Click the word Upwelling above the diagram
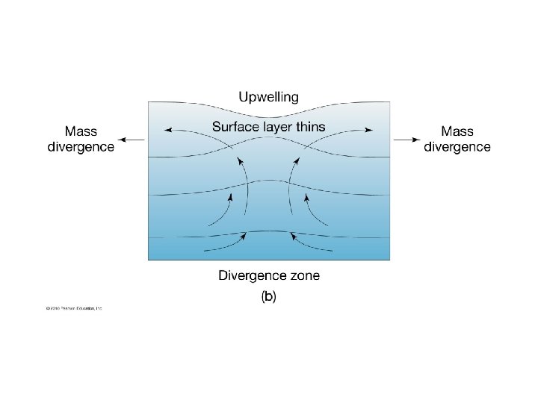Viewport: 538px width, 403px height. [x=268, y=97]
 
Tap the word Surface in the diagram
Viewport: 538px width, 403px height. [x=235, y=126]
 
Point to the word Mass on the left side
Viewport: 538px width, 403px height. [x=81, y=131]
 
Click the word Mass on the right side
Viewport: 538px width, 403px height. [x=457, y=131]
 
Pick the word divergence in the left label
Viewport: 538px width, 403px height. [x=81, y=146]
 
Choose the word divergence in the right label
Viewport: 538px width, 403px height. [x=457, y=146]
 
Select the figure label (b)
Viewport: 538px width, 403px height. [x=268, y=296]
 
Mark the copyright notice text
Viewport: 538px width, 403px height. [x=72, y=308]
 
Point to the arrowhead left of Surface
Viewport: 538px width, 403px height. [x=168, y=130]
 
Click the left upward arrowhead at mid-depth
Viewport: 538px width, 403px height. [x=232, y=198]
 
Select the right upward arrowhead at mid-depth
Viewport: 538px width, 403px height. [x=306, y=198]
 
